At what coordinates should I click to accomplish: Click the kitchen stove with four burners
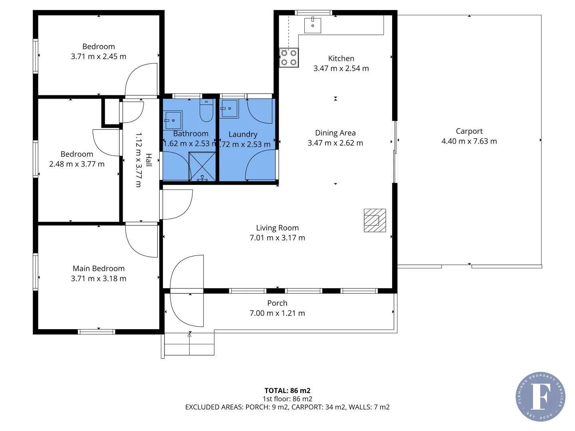pyautogui.click(x=289, y=57)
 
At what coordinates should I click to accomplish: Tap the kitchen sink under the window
pyautogui.click(x=313, y=25)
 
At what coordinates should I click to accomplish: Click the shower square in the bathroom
pyautogui.click(x=202, y=166)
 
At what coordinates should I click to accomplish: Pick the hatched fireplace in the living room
pyautogui.click(x=375, y=220)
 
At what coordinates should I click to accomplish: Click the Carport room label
pyautogui.click(x=469, y=131)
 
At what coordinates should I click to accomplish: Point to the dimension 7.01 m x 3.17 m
pyautogui.click(x=277, y=238)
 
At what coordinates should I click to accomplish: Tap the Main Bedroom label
pyautogui.click(x=99, y=269)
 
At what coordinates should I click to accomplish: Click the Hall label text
pyautogui.click(x=149, y=160)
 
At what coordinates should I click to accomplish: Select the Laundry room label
pyautogui.click(x=243, y=134)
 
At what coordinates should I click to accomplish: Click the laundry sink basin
pyautogui.click(x=230, y=109)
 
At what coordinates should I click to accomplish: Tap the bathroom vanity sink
pyautogui.click(x=173, y=120)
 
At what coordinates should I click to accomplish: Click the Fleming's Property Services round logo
pyautogui.click(x=540, y=397)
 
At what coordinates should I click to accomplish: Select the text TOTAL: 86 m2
pyautogui.click(x=287, y=391)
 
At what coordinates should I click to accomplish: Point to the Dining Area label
pyautogui.click(x=335, y=133)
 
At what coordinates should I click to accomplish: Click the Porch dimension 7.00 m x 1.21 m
pyautogui.click(x=277, y=313)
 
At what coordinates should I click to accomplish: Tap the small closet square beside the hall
pyautogui.click(x=111, y=113)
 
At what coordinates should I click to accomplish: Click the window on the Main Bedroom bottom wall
pyautogui.click(x=97, y=332)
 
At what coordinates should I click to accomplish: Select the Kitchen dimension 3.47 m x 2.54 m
pyautogui.click(x=341, y=68)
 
